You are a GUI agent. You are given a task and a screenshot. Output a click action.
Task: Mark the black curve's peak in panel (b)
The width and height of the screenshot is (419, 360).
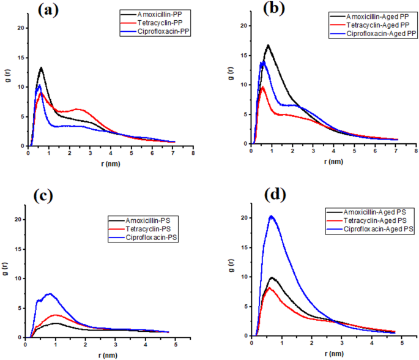(268, 45)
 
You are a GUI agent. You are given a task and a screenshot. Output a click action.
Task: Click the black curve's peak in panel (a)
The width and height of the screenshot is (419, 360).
(41, 68)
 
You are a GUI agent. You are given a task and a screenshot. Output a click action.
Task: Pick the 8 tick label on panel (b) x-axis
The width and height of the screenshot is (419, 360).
(415, 151)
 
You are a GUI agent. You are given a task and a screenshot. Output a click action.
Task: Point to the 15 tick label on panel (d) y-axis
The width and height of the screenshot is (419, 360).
(244, 247)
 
